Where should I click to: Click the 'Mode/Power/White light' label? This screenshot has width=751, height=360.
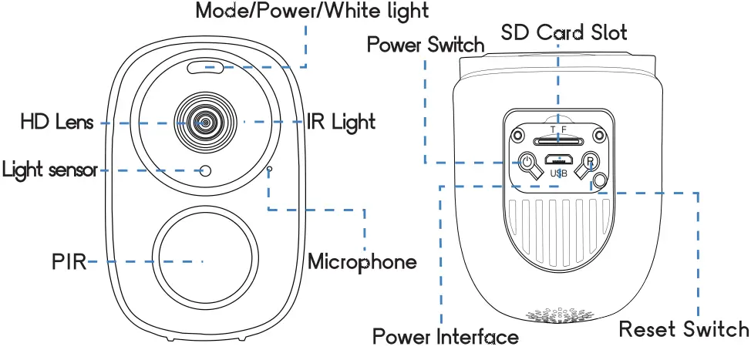click(x=312, y=11)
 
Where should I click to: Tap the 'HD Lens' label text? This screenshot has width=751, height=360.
click(x=56, y=122)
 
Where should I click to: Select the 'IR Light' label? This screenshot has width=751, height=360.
click(x=341, y=122)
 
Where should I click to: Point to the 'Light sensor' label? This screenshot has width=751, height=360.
click(x=50, y=170)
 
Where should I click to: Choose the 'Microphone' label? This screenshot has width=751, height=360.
click(x=362, y=261)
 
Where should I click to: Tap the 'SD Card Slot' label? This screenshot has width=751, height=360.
click(x=564, y=32)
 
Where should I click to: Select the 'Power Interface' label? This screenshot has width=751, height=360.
click(x=445, y=337)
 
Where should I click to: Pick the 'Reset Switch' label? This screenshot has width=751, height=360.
click(x=684, y=330)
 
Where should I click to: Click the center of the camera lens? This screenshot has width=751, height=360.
click(x=205, y=122)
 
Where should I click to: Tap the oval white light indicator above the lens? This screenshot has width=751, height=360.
click(x=205, y=69)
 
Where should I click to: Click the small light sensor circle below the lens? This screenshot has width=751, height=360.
click(x=205, y=170)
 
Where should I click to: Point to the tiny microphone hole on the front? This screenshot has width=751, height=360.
click(x=269, y=167)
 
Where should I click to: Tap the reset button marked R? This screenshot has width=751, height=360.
click(x=590, y=162)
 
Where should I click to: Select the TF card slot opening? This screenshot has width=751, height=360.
click(x=557, y=141)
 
